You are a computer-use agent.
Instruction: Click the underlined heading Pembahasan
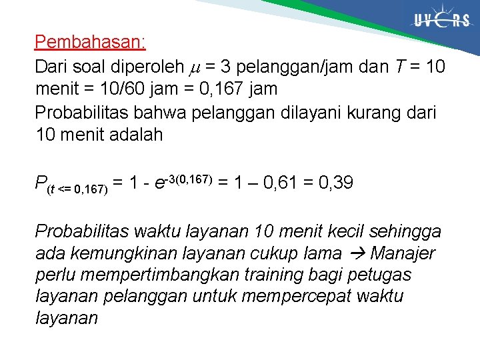tap(90, 43)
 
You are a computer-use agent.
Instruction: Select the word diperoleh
tap(141, 67)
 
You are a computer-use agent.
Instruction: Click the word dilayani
tap(299, 112)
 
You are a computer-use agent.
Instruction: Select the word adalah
tap(133, 135)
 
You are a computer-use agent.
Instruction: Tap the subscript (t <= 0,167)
tap(77, 189)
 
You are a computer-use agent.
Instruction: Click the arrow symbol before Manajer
tap(358, 253)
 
